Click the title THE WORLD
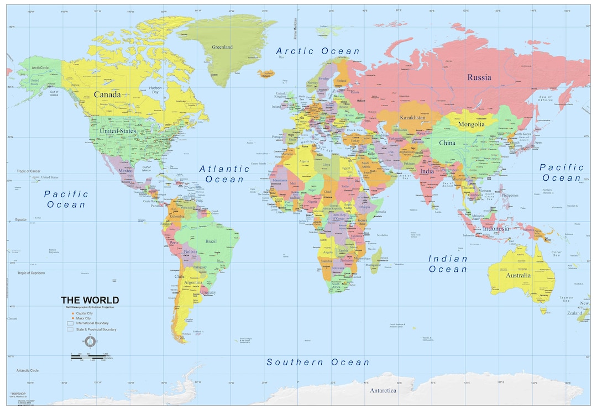(x=90, y=301)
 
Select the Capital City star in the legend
(x=72, y=313)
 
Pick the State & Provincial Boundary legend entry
(x=70, y=329)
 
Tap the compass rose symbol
(x=90, y=341)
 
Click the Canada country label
(x=107, y=94)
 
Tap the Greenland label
(x=222, y=48)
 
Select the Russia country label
(x=479, y=77)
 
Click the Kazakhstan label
(x=412, y=118)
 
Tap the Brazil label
(x=211, y=241)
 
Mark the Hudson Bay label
(x=155, y=90)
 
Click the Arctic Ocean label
(x=318, y=51)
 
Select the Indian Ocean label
(x=448, y=264)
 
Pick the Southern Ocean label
(x=318, y=362)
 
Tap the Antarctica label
(x=383, y=391)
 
